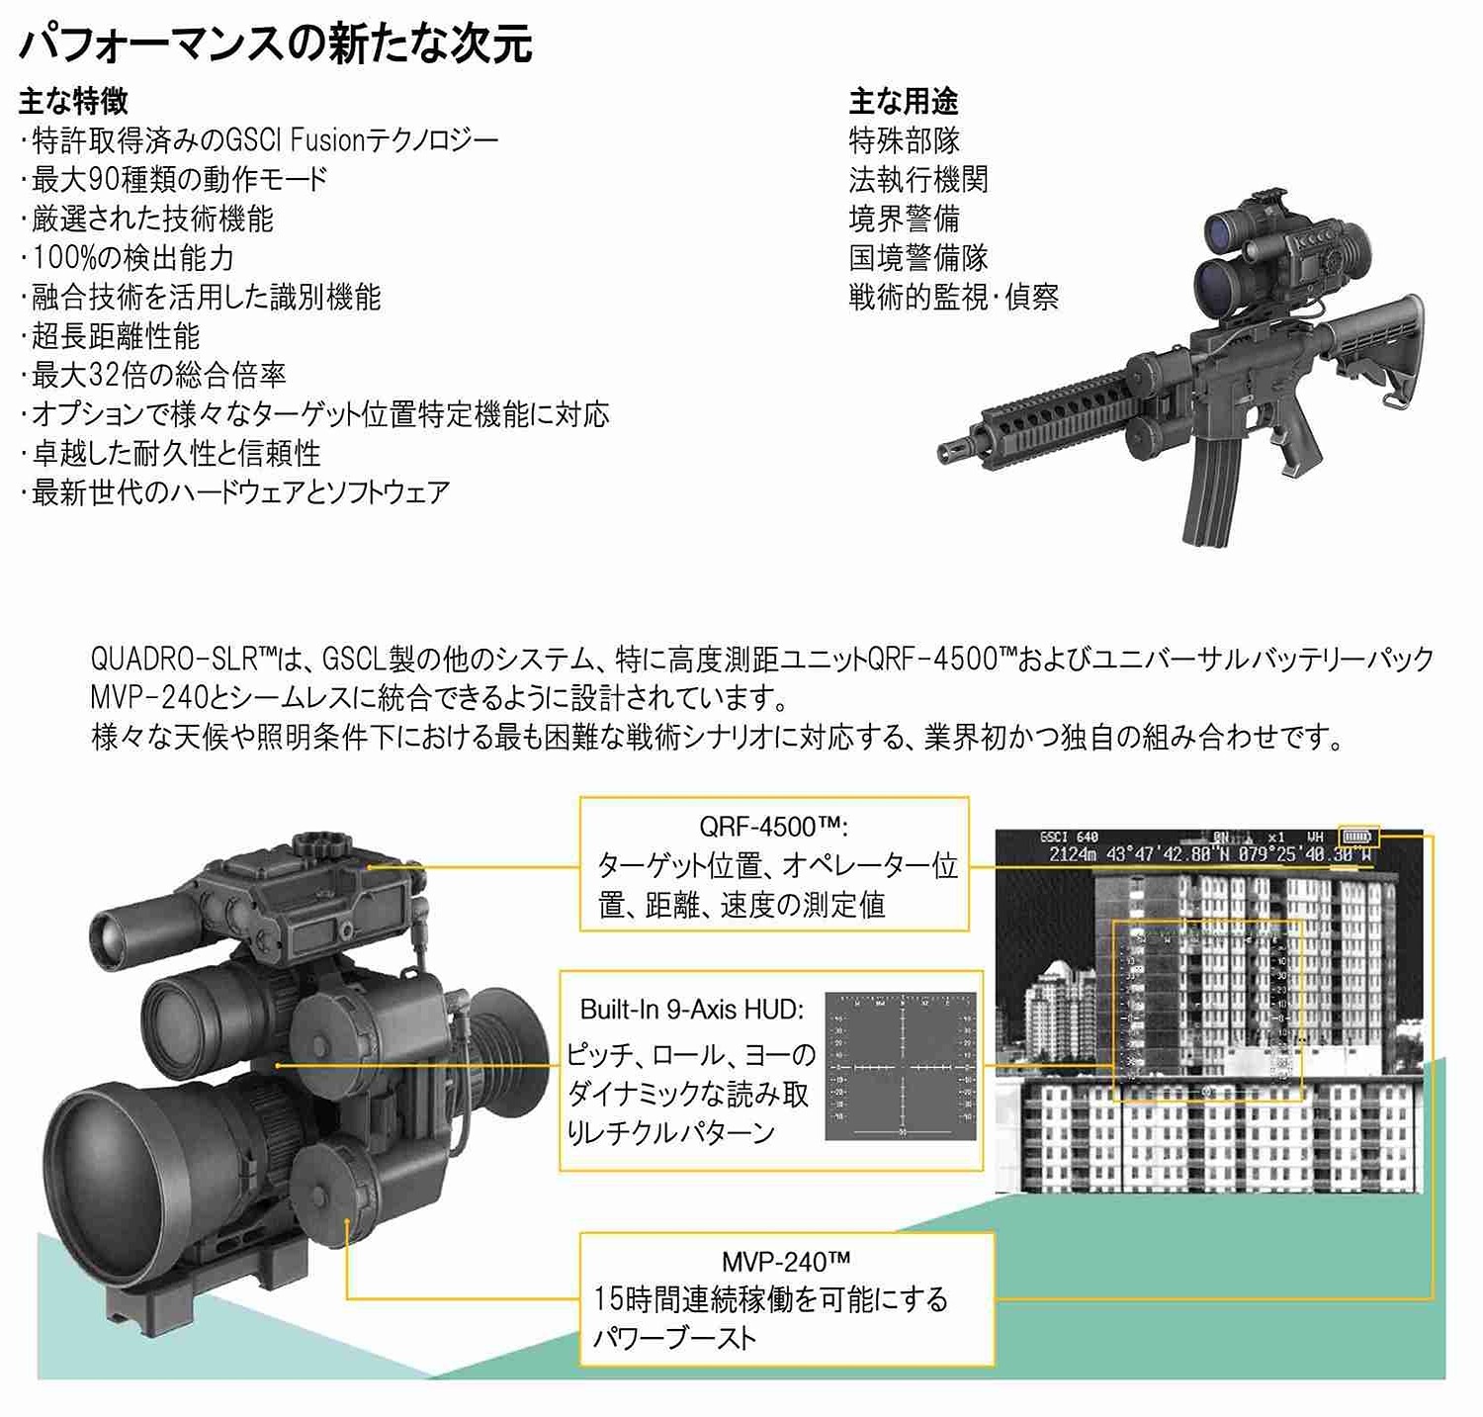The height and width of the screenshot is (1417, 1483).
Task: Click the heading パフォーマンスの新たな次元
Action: pyautogui.click(x=276, y=44)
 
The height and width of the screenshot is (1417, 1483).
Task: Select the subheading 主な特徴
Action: pyautogui.click(x=73, y=101)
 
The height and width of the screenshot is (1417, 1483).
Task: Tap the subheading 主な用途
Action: pyautogui.click(x=903, y=101)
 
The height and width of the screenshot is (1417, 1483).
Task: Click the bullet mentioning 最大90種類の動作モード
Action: pyautogui.click(x=178, y=179)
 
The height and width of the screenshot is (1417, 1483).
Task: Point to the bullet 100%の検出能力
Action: pyautogui.click(x=132, y=258)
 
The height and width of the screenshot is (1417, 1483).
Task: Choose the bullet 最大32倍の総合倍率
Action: pyautogui.click(x=158, y=375)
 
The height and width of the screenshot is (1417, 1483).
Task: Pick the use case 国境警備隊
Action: pyautogui.click(x=917, y=258)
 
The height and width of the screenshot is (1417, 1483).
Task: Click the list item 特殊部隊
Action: pyautogui.click(x=904, y=140)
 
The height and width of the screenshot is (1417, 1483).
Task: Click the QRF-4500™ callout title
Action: pyautogui.click(x=773, y=827)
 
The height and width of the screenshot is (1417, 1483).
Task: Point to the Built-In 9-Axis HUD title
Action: pyautogui.click(x=692, y=1010)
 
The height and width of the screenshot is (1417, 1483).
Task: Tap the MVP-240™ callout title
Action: pyautogui.click(x=786, y=1262)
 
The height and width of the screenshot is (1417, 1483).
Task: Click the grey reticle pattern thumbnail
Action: pyautogui.click(x=901, y=1067)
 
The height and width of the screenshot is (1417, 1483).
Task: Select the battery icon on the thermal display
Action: pyautogui.click(x=1356, y=837)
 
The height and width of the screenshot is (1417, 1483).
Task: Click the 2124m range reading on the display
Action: pyautogui.click(x=1073, y=854)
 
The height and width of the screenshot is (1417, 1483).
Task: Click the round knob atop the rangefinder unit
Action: pyautogui.click(x=321, y=846)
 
